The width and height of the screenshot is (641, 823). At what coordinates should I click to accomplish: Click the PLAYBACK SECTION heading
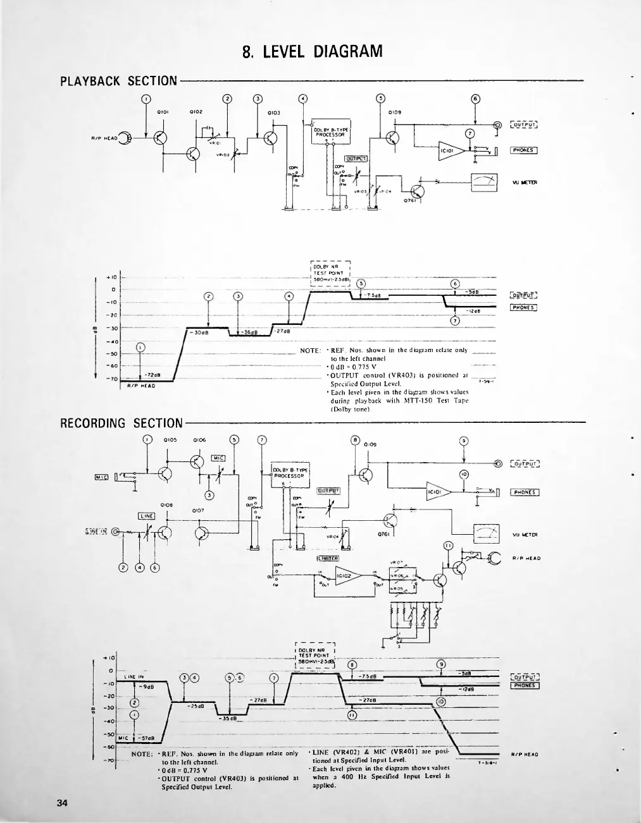[x=118, y=81]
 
